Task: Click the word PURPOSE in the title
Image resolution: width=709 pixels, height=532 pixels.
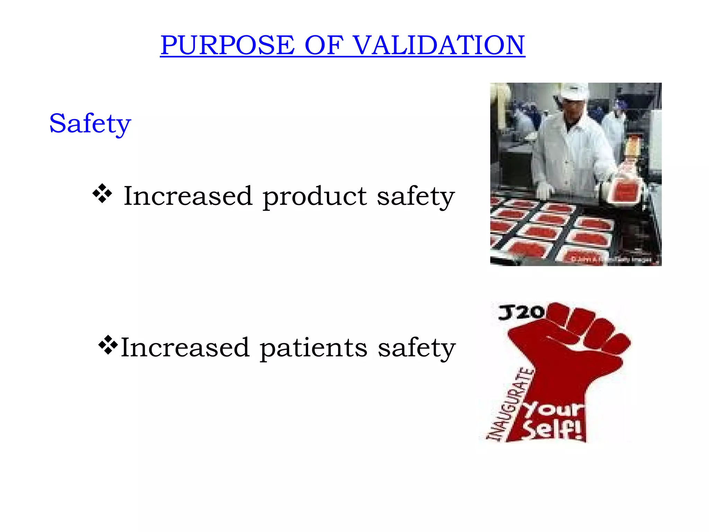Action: tap(227, 45)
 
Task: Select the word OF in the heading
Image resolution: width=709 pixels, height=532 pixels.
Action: tap(324, 45)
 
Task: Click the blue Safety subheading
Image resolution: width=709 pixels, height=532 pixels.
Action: tap(90, 124)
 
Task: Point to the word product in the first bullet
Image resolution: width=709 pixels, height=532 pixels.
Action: tap(314, 197)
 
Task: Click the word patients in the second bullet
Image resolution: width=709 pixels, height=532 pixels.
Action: tap(313, 348)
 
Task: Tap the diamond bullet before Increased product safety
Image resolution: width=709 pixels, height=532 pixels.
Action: tap(102, 194)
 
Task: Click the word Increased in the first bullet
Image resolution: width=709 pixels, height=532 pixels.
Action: tap(188, 196)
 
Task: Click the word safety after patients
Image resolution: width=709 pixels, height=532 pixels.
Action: tap(416, 348)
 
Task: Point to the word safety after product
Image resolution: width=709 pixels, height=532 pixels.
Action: tap(415, 197)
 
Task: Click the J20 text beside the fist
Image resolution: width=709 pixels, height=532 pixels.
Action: tap(521, 312)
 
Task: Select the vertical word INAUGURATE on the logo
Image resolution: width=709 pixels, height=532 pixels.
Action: tap(510, 405)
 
